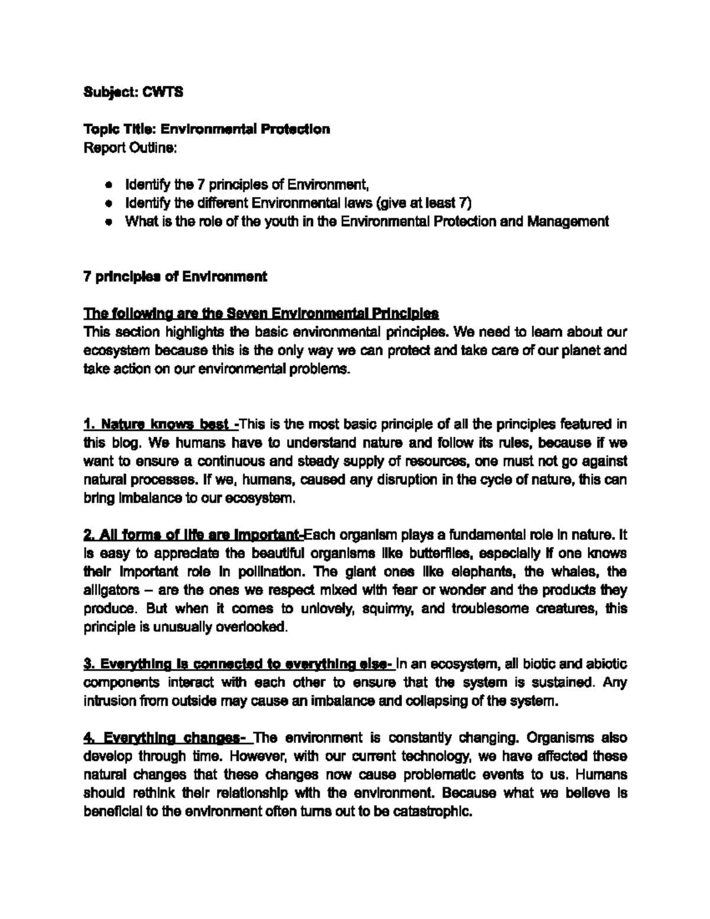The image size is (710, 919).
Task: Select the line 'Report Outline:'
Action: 130,147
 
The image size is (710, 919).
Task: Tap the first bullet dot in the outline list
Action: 108,185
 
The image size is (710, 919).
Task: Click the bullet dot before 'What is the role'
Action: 108,222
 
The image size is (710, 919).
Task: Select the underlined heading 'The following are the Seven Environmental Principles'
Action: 261,313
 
